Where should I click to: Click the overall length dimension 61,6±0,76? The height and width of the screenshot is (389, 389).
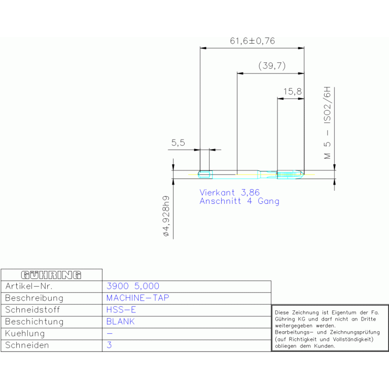pos(252,41)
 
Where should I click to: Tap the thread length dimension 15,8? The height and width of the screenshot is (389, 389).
pos(293,91)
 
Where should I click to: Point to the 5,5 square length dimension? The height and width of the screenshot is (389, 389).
pos(178,143)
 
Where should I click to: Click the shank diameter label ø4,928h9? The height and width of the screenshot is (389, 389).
pos(166,216)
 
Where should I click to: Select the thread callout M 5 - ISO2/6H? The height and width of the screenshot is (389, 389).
pos(327,123)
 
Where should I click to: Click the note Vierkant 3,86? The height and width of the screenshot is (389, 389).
pos(229,193)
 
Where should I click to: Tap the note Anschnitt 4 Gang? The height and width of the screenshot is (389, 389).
pos(239,201)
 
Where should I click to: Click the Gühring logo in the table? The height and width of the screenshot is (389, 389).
pos(51,275)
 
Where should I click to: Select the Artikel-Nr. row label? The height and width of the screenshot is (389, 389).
pos(29,286)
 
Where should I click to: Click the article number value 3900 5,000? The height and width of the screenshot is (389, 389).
pos(133,286)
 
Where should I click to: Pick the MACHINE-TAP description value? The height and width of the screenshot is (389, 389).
pos(137,298)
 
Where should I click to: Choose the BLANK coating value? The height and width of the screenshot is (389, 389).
pos(120,322)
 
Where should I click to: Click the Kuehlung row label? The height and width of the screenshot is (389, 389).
pos(25,333)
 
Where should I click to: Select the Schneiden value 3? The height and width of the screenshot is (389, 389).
pos(109,345)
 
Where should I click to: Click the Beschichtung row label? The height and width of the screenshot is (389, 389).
pos(34,322)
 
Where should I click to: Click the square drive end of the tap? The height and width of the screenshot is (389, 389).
pos(205,174)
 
